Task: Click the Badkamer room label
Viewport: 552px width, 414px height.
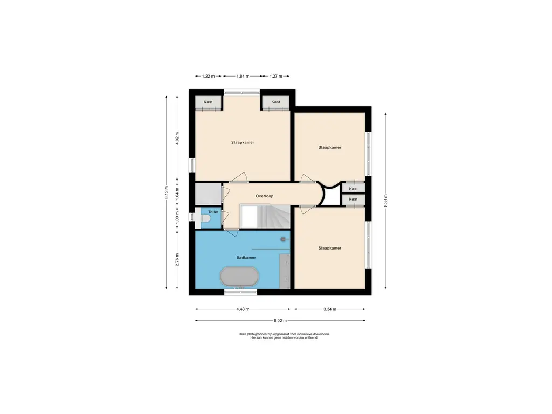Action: click(246, 257)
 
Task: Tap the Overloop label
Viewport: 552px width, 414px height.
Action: click(264, 196)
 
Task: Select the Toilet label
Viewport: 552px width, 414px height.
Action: click(213, 212)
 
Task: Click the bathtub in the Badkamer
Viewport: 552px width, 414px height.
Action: click(239, 277)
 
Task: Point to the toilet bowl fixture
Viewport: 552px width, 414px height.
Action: click(205, 219)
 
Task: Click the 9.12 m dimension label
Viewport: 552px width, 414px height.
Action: click(167, 192)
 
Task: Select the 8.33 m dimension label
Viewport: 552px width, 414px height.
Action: click(385, 201)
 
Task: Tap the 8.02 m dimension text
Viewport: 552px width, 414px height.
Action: click(280, 321)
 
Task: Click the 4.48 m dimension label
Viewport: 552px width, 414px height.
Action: click(243, 309)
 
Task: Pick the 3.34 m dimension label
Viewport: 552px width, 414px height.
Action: click(330, 309)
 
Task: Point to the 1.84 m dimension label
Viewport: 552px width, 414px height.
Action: click(243, 76)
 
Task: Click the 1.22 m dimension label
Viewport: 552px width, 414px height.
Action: click(209, 76)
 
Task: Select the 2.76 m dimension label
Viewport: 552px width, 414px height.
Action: click(177, 259)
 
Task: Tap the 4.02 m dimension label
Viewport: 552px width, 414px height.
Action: click(177, 138)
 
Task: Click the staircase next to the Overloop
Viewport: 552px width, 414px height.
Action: click(265, 216)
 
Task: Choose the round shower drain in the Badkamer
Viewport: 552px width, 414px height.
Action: click(282, 239)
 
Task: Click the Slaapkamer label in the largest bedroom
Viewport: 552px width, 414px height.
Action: click(243, 142)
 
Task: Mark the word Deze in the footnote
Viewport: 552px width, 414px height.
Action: click(242, 334)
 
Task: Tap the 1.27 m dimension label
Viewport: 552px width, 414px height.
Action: click(276, 76)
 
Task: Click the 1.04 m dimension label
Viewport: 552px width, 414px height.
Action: click(177, 194)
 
